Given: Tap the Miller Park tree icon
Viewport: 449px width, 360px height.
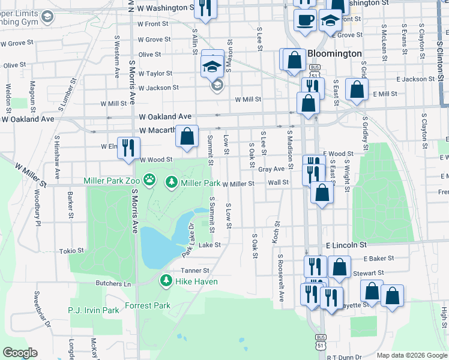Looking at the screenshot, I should pos(171,181).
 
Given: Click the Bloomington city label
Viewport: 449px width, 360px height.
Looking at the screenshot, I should pos(334,53).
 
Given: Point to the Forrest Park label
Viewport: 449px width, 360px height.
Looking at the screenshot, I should pos(148,305).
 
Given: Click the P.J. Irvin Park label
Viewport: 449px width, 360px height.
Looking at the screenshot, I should pos(94,310).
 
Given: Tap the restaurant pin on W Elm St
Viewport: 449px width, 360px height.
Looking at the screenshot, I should pos(128,148).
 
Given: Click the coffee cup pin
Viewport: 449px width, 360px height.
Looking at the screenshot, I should pos(305,19).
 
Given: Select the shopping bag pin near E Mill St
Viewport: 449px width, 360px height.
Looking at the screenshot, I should pos(357,91).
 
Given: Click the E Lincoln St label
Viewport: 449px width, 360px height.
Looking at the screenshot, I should pos(346,245).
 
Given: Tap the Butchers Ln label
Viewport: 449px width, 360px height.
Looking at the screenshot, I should pos(113,283).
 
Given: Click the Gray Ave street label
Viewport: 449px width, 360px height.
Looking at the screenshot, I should pos(271,169).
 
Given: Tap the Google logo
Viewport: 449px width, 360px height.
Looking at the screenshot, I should pos(20,353).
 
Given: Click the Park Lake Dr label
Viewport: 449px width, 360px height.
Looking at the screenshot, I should pos(187,240).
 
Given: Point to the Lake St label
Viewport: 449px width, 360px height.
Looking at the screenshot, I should pos(209,245).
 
